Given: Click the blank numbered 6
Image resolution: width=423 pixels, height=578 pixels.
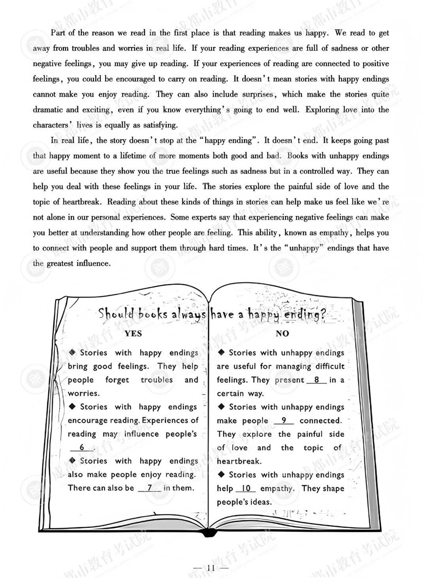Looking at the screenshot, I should [82, 448].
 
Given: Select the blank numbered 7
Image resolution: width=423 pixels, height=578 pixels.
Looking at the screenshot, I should [150, 488].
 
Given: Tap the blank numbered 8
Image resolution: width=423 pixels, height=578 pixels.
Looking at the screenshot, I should [316, 380].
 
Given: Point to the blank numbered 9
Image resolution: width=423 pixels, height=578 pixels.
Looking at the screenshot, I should [284, 421].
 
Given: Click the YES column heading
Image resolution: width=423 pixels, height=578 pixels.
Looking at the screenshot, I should [133, 333].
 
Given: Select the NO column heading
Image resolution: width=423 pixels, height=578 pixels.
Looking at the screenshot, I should [282, 333].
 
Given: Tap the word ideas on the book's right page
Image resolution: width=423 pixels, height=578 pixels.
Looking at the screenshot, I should [259, 502].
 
